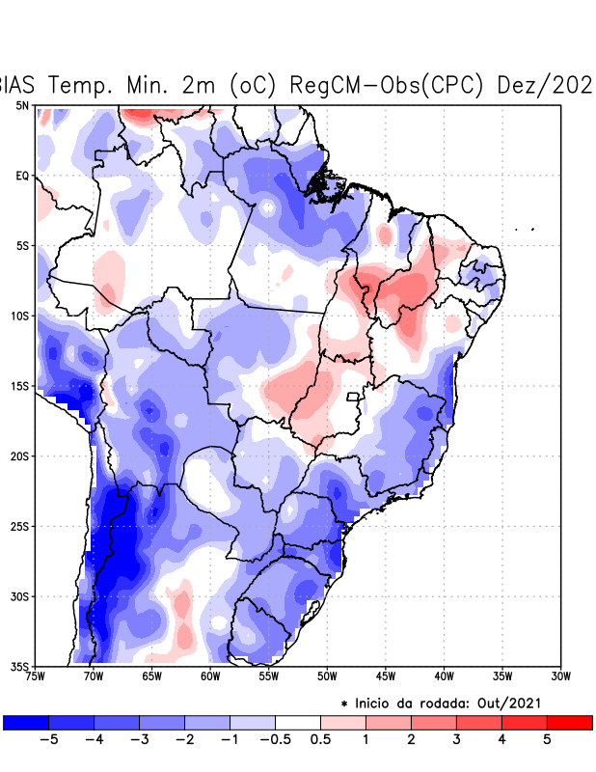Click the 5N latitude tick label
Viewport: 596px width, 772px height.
(x=22, y=105)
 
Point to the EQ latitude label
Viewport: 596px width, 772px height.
(x=22, y=176)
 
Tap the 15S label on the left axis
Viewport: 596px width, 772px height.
(x=19, y=386)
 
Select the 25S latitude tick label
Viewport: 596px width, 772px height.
(x=19, y=527)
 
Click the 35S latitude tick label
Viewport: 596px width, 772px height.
(x=19, y=667)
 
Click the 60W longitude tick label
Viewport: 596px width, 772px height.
(x=209, y=676)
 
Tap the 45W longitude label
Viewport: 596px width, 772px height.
(x=385, y=676)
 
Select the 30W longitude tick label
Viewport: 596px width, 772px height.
(x=560, y=676)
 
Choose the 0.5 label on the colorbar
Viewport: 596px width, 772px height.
(x=321, y=739)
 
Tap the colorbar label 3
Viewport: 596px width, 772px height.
(x=457, y=739)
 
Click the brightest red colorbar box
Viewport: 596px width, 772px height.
(x=569, y=722)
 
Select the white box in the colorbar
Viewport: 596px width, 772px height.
(x=298, y=722)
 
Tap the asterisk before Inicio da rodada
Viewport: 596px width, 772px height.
(x=344, y=704)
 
